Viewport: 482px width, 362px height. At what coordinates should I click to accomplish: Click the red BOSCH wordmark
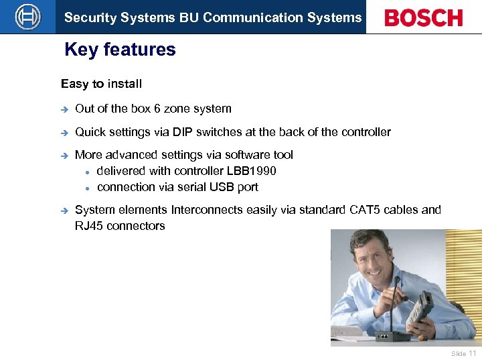(x=423, y=17)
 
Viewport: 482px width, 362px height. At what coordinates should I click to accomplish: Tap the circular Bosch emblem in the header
(x=27, y=17)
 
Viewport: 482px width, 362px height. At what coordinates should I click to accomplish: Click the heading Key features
(x=120, y=50)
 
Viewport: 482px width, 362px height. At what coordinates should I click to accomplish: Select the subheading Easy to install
(x=101, y=84)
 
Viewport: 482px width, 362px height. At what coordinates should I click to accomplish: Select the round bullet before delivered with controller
(x=87, y=172)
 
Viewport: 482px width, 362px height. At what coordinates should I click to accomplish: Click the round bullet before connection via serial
(x=87, y=188)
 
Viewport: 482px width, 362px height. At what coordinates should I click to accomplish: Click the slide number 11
(x=473, y=353)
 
